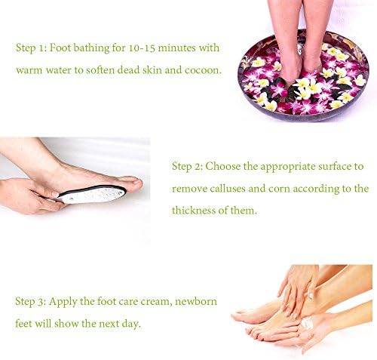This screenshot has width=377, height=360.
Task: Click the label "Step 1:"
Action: tap(31, 48)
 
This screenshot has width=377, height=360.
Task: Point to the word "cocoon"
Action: tap(205, 71)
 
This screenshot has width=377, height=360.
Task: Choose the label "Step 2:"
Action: tap(187, 165)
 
